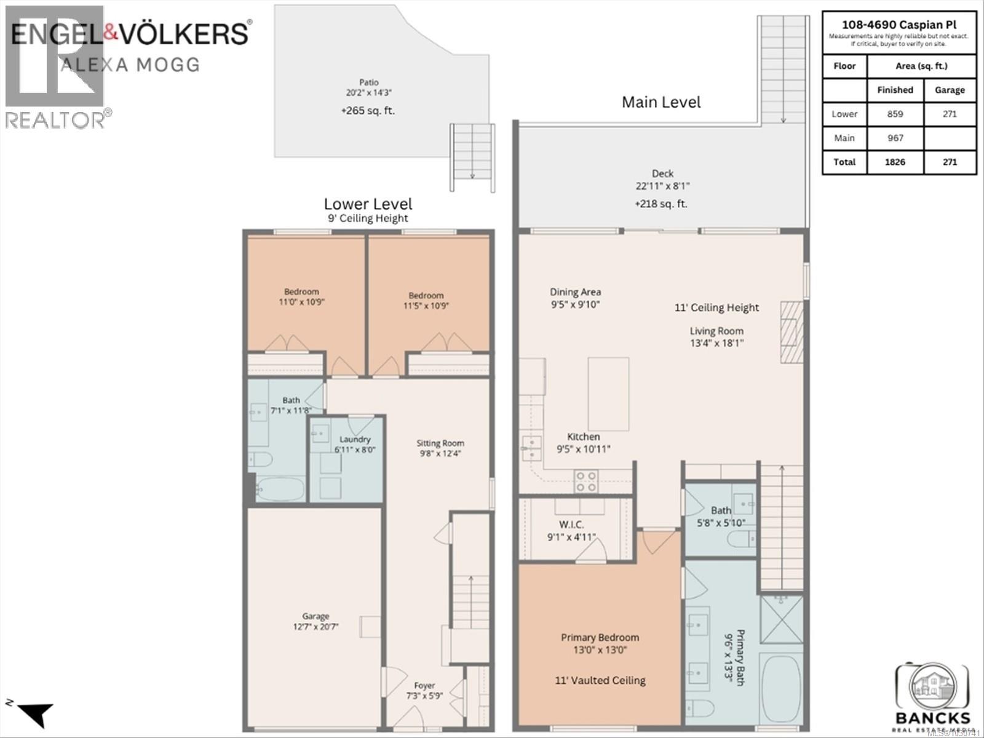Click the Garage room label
click(x=315, y=616)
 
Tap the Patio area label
click(x=368, y=82)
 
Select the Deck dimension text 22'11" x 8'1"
click(x=662, y=186)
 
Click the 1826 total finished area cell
click(x=895, y=162)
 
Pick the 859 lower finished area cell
click(x=895, y=114)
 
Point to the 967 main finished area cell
click(x=895, y=138)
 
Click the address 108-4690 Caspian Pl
click(x=899, y=25)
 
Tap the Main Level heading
click(x=661, y=102)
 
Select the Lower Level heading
click(x=368, y=204)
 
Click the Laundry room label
click(x=355, y=439)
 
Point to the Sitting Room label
click(x=440, y=443)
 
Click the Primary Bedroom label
click(x=600, y=638)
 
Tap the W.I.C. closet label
click(x=571, y=525)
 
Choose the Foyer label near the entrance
click(x=424, y=685)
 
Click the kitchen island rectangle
click(x=608, y=394)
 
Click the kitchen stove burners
click(x=585, y=481)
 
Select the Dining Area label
click(x=575, y=292)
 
